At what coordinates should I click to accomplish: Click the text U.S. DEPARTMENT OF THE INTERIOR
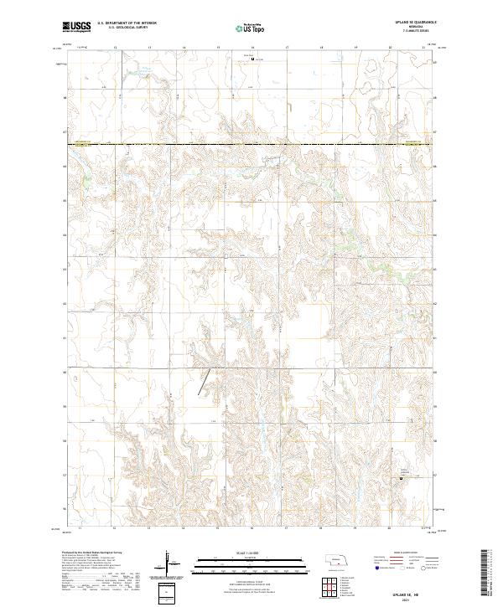(x=127, y=23)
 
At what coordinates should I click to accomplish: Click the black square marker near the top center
(x=253, y=59)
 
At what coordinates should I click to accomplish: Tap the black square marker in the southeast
(x=400, y=479)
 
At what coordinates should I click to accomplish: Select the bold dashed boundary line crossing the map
(x=251, y=145)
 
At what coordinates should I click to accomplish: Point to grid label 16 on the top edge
(x=252, y=48)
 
